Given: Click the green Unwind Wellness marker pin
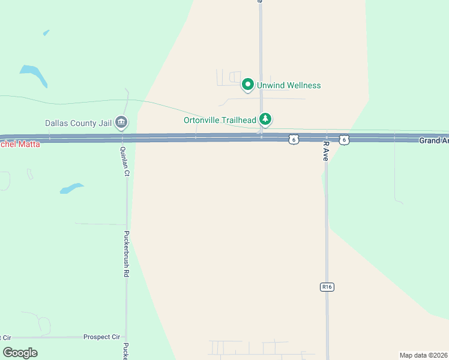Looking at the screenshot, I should (x=247, y=85).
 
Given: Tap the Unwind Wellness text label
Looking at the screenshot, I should (x=289, y=85).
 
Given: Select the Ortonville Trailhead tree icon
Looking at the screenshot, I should (x=265, y=119).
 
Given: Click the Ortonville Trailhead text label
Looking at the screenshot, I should (x=220, y=120).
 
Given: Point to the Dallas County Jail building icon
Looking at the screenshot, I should (x=121, y=123).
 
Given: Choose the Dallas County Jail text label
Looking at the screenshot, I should (x=79, y=124).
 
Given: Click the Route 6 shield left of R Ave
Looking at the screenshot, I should (x=293, y=139).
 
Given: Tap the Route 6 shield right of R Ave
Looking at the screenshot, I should (x=343, y=139).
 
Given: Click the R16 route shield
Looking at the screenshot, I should (x=327, y=287).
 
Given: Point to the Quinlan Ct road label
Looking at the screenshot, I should (x=125, y=161).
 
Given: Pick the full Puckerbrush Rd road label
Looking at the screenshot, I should (x=127, y=253).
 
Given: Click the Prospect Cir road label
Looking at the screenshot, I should (x=101, y=337).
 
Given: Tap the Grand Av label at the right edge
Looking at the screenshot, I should (x=433, y=140).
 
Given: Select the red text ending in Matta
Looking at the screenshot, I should (x=20, y=144).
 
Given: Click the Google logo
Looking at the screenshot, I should (x=20, y=352).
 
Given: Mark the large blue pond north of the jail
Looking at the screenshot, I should (x=34, y=74).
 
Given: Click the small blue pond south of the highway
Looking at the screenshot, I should (x=71, y=188).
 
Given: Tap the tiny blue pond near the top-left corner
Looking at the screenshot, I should (x=46, y=32).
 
